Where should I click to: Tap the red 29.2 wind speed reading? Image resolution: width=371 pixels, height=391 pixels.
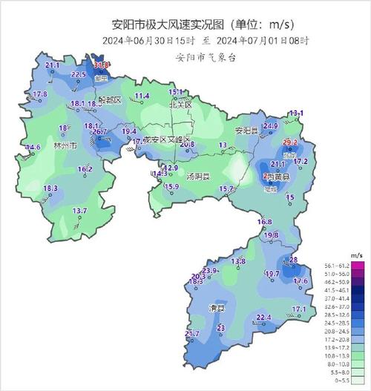pos(290,142)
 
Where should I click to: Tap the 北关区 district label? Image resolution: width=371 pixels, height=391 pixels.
pos(180,106)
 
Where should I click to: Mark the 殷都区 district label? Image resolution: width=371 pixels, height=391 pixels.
pos(110,99)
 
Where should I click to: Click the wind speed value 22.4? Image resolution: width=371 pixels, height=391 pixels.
pos(264,318)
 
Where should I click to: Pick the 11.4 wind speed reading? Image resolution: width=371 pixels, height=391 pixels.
pos(142,96)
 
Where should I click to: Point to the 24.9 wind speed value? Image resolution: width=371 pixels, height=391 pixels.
pos(270,127)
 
